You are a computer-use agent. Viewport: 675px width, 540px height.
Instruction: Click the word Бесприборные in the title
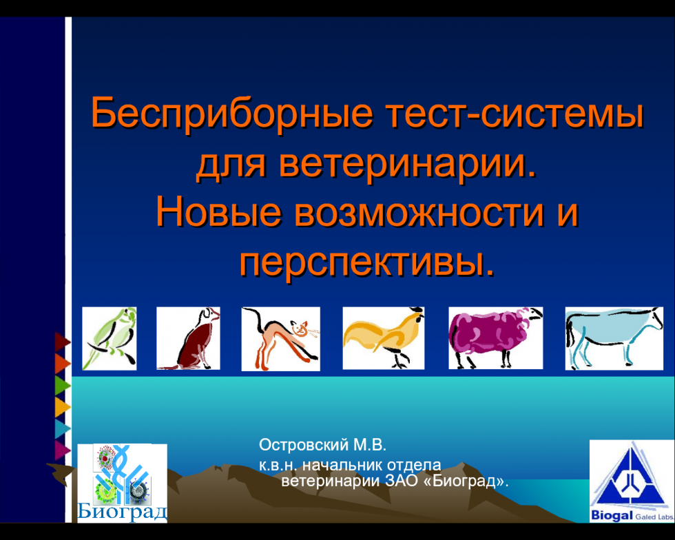[231, 114]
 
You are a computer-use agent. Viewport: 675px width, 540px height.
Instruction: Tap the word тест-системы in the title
[515, 113]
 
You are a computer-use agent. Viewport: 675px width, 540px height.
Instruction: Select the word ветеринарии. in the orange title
[408, 165]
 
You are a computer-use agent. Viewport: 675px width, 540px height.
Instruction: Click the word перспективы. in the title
[367, 262]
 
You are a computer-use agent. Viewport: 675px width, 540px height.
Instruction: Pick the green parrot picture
[110, 338]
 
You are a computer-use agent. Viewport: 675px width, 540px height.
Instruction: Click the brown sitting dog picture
[188, 338]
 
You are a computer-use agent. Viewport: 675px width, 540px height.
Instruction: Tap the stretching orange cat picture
[281, 339]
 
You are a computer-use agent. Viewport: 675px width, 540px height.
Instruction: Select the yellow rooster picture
[384, 338]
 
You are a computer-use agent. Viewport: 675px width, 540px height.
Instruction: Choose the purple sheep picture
[495, 338]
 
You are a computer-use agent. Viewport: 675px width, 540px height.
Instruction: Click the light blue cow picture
[614, 338]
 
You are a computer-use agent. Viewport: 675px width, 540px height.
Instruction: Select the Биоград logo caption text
[123, 512]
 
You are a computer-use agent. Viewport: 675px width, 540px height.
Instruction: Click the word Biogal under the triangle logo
[612, 515]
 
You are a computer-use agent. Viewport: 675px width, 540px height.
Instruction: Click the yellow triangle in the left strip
[63, 407]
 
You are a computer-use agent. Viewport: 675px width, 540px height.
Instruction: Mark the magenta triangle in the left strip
[63, 450]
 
